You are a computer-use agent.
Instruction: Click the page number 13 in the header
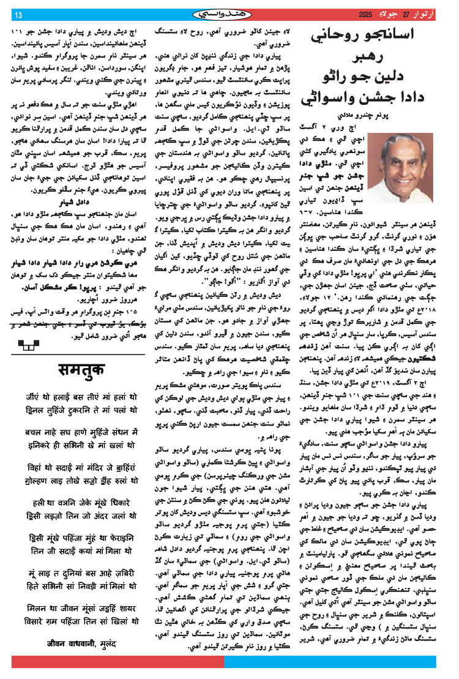tap(18, 14)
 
